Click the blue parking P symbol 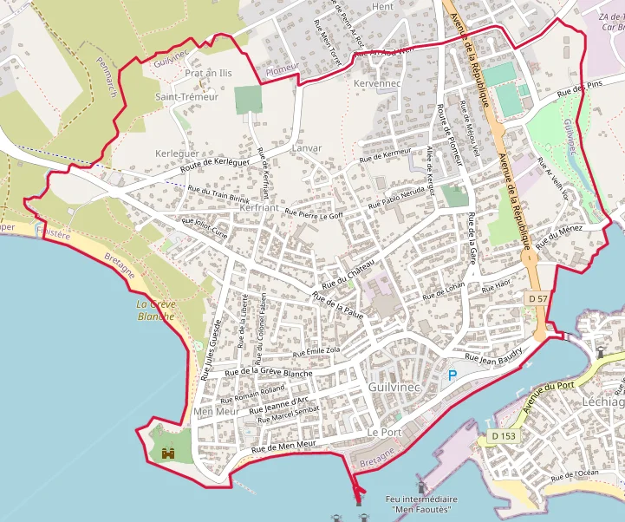452,375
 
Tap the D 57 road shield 537,298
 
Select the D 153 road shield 501,435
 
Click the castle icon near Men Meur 168,452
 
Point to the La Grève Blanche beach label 156,310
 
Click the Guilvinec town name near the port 394,387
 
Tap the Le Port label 384,432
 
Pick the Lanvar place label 307,148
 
